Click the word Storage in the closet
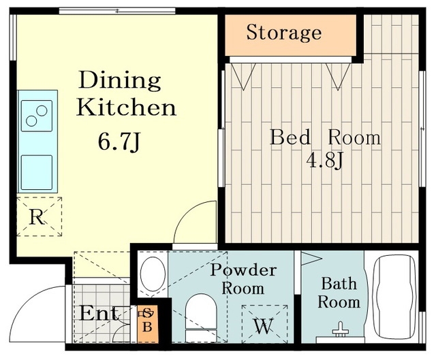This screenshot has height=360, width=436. click(284, 33)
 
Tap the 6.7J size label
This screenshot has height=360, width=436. click(119, 142)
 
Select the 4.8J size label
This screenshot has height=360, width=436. click(325, 161)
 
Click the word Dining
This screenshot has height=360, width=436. click(120, 80)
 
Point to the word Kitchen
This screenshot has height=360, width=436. click(126, 108)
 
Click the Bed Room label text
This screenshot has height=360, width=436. click(326, 137)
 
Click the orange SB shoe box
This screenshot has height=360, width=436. click(148, 324)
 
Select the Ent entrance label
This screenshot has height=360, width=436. click(99, 313)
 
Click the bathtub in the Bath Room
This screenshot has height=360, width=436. click(394, 296)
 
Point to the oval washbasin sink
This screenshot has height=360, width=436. click(153, 274)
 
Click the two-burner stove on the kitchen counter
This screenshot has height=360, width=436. click(37, 116)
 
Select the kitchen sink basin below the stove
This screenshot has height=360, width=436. click(37, 172)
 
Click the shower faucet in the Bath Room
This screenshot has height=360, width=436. click(341, 330)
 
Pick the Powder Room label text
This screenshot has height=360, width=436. click(243, 279)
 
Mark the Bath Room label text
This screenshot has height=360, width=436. click(339, 293)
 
